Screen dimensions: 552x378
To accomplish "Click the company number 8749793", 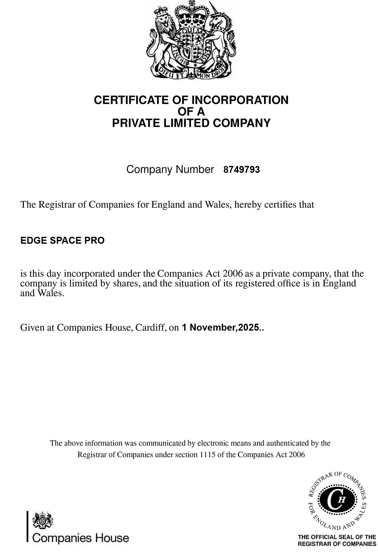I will (241, 170).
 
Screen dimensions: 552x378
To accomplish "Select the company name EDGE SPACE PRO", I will (62, 241).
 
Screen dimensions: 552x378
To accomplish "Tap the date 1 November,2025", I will (222, 327).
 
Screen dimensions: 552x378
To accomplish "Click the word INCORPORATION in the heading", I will (240, 100).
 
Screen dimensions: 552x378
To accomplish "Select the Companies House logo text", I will (81, 538).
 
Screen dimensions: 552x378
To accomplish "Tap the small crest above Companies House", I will (43, 520).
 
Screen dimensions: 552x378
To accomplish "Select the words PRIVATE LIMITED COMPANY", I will (191, 123).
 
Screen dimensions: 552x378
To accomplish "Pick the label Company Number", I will (170, 169).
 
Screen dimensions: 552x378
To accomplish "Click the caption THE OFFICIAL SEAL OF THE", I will (337, 537).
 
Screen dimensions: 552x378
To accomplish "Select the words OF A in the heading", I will (191, 112).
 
